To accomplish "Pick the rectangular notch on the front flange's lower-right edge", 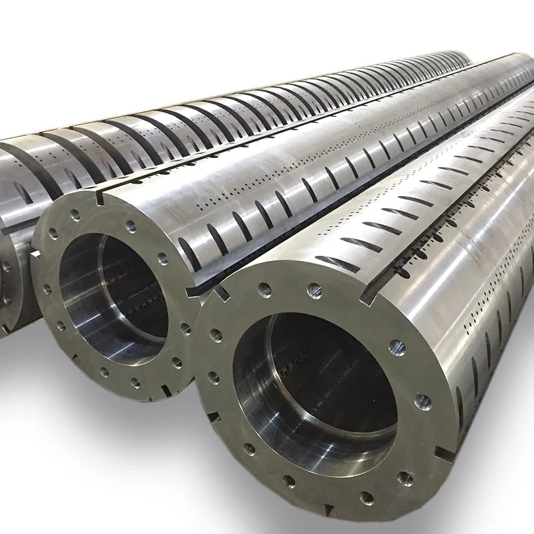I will coord(443,453).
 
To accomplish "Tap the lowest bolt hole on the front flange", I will coord(366,497).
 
